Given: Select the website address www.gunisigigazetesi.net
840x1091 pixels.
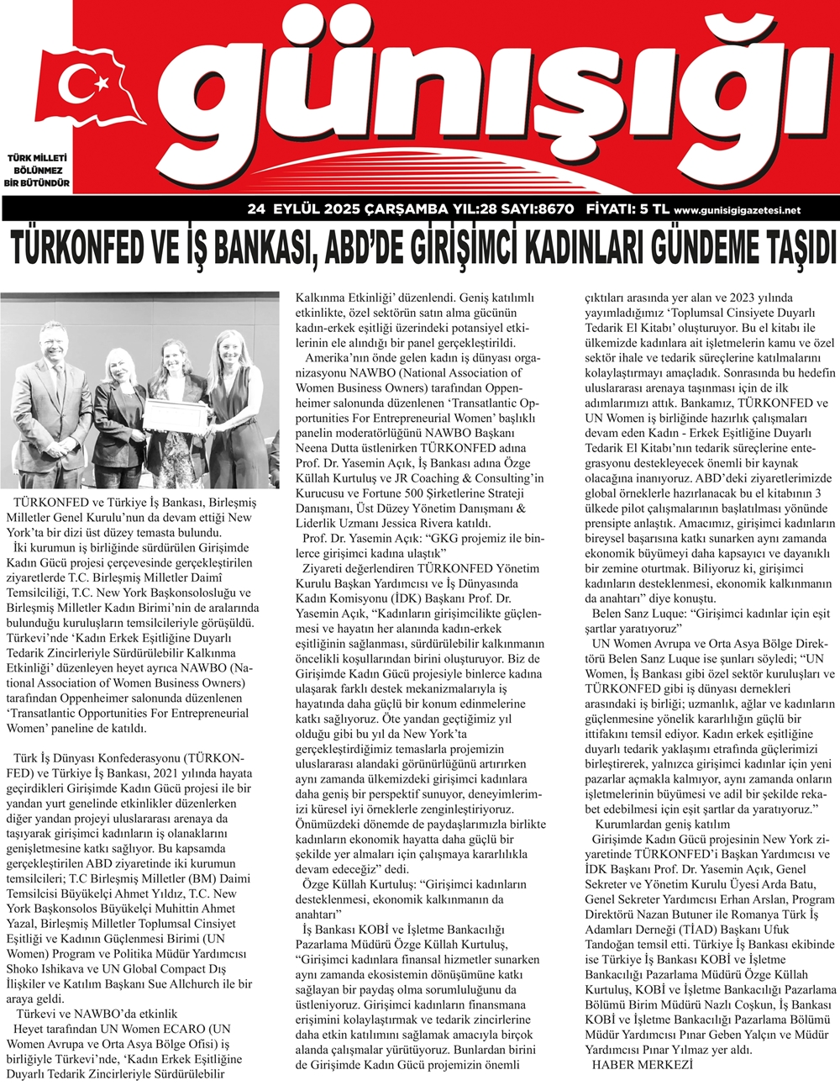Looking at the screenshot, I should (737, 211).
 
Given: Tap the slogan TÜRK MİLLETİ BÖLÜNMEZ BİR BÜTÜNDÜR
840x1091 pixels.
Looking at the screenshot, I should (39, 171).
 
